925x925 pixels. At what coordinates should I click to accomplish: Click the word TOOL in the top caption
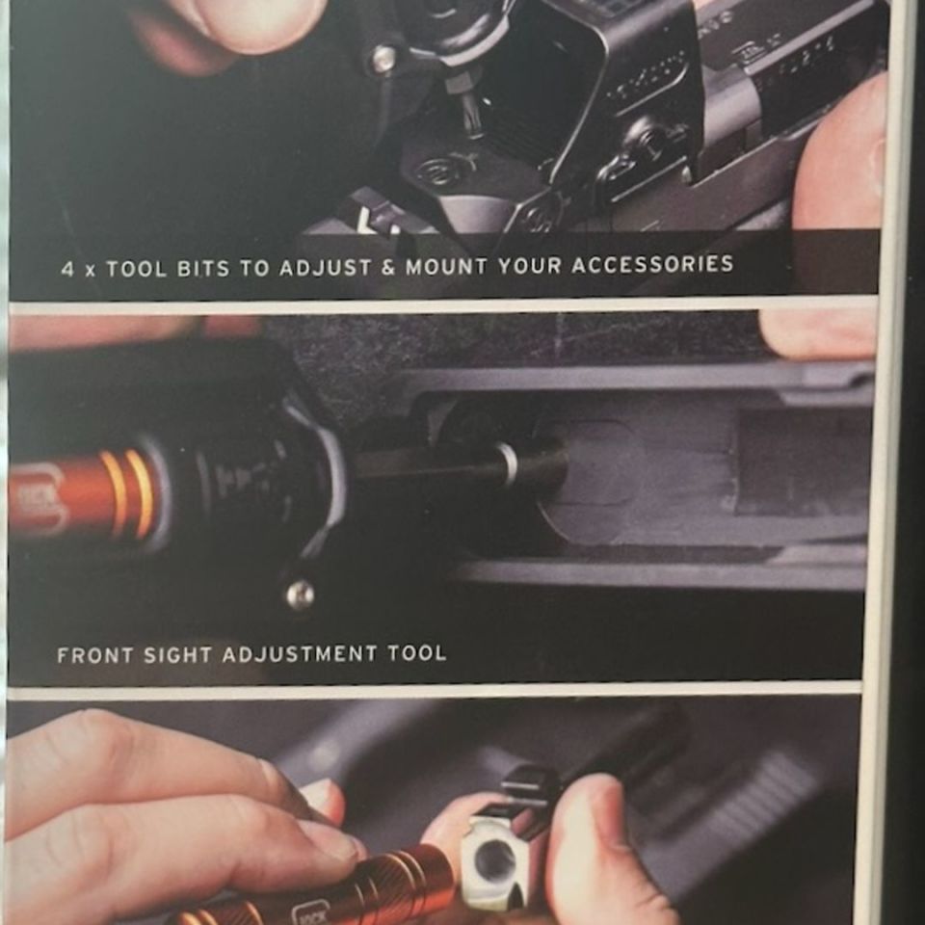[x=137, y=270]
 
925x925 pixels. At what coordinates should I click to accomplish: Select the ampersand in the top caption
[x=386, y=267]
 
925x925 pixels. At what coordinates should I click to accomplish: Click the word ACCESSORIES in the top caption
[x=653, y=264]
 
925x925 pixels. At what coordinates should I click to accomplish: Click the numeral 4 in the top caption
[x=66, y=271]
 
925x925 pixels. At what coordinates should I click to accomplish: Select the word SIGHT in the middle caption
[x=177, y=655]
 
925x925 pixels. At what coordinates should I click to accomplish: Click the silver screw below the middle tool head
[x=300, y=595]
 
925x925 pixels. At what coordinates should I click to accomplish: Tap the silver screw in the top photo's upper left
[x=383, y=60]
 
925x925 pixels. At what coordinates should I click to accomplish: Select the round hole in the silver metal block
[x=494, y=859]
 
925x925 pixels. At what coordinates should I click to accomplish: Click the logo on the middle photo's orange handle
[x=39, y=496]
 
